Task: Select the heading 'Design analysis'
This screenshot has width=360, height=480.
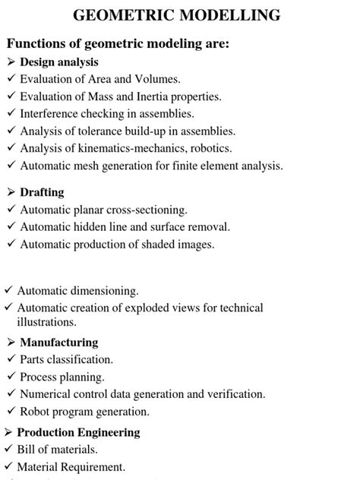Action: tap(59, 62)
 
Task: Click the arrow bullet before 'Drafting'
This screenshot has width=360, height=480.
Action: tap(11, 192)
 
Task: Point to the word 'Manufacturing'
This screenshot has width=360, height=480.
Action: tap(58, 342)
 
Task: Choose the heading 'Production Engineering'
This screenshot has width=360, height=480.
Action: tap(78, 432)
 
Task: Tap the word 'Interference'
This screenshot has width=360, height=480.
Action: tap(53, 114)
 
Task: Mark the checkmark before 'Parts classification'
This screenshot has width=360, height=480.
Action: tap(11, 359)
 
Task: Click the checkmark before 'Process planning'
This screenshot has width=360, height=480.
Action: tap(11, 377)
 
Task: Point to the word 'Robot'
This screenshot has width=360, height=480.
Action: tap(35, 412)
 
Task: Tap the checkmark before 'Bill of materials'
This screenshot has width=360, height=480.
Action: tap(8, 450)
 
